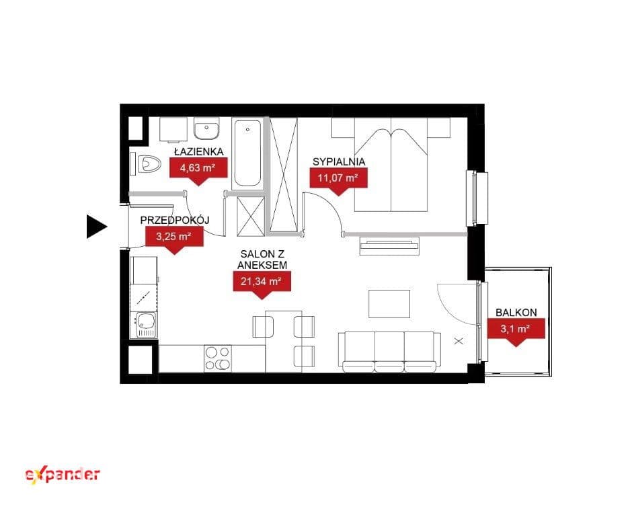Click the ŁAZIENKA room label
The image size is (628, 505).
tap(198, 151)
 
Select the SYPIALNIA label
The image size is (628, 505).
tap(339, 162)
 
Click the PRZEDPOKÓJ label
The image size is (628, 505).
tap(175, 221)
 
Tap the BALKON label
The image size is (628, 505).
tap(516, 313)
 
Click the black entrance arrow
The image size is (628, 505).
tap(96, 227)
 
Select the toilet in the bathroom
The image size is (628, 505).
tap(146, 164)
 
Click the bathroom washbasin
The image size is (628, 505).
tap(206, 128)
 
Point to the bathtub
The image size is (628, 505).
tap(247, 153)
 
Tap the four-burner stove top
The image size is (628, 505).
tap(218, 358)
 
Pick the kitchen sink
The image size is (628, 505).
tap(143, 325)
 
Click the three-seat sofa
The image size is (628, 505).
tap(389, 352)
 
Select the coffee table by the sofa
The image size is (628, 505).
tap(389, 304)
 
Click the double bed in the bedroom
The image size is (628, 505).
tap(391, 164)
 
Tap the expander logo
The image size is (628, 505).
tap(63, 475)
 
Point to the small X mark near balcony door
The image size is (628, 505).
tap(459, 341)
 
